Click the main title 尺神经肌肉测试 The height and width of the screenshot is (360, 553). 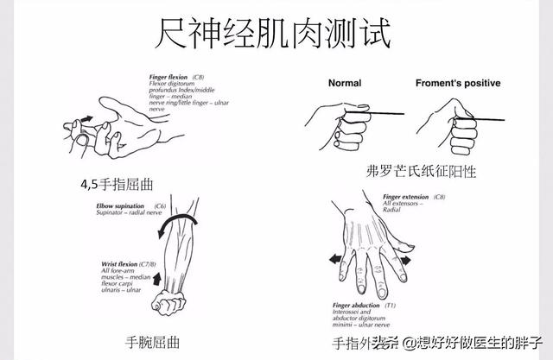(x=275, y=35)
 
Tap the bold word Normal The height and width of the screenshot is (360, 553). (x=350, y=84)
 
